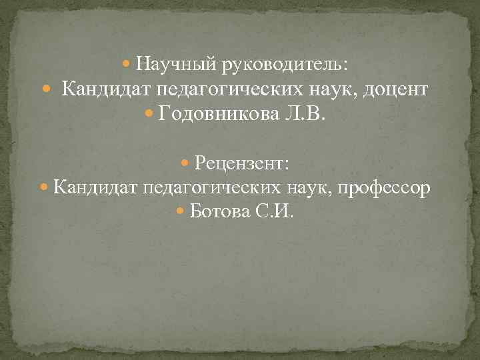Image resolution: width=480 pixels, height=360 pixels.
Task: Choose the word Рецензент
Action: (241, 163)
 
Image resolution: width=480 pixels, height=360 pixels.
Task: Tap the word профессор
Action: (384, 188)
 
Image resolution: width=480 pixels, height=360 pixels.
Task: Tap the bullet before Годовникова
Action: (150, 115)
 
